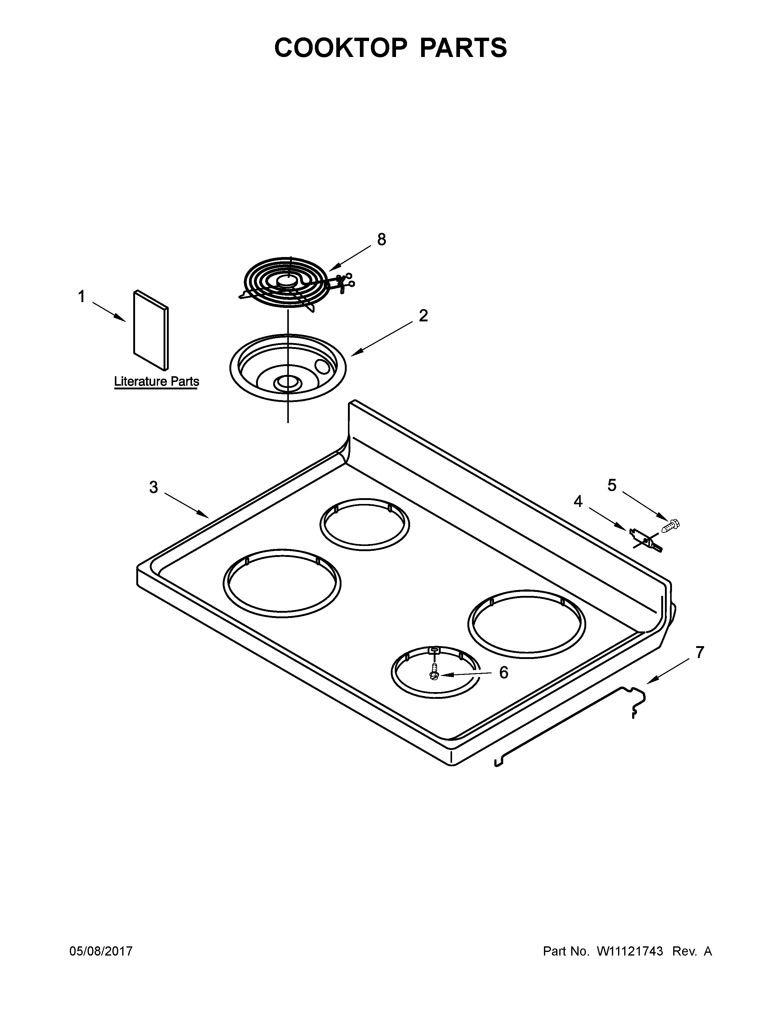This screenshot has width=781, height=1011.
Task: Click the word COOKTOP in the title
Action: [341, 48]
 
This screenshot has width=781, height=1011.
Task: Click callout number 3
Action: [154, 487]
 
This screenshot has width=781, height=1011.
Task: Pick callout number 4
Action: [578, 501]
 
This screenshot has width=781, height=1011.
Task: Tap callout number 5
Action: [612, 485]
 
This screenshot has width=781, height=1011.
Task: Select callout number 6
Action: [504, 672]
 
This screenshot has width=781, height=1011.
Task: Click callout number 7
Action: [700, 653]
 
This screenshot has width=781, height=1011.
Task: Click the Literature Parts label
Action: [157, 382]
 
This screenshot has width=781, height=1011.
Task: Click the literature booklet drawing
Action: [151, 330]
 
